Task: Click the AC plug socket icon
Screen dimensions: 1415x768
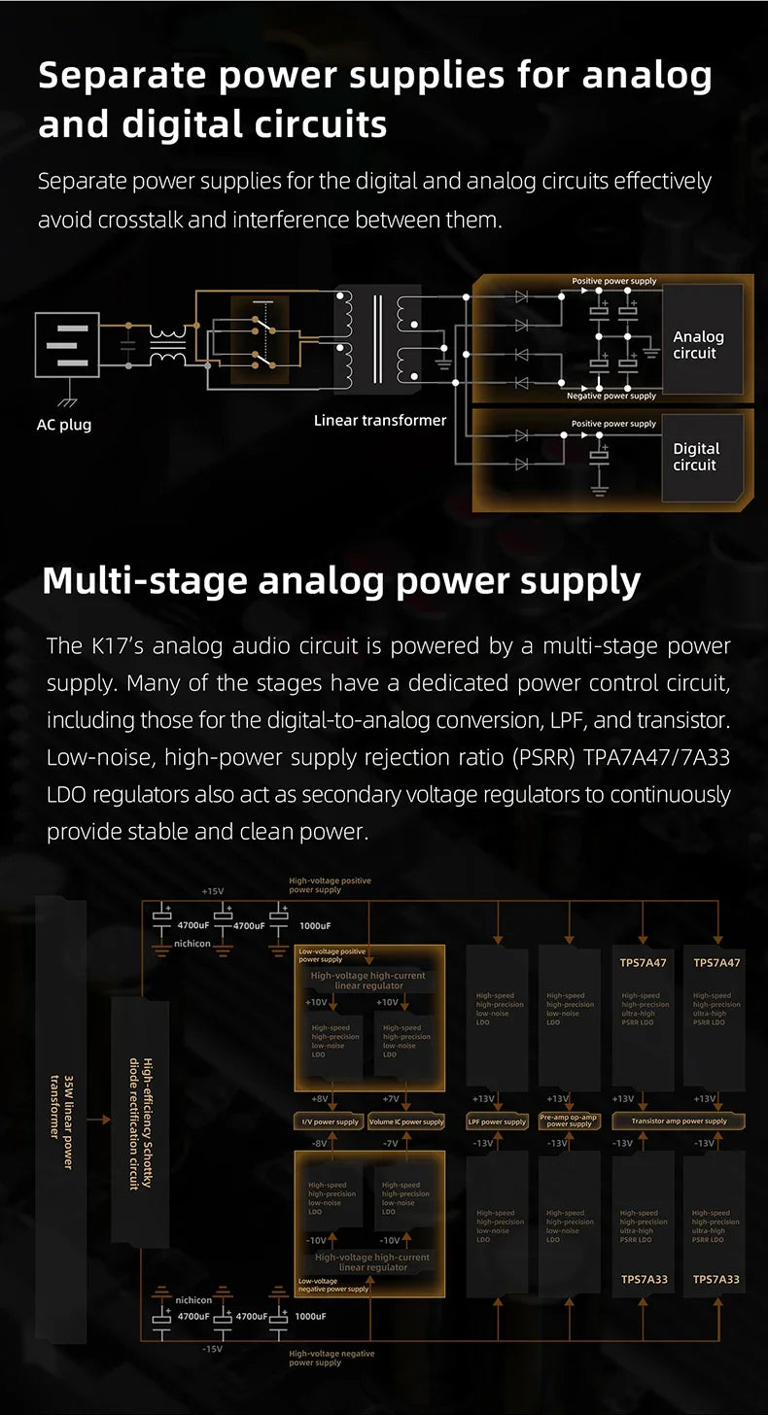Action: (x=67, y=345)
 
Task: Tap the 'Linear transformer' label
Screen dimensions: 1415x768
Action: (x=380, y=420)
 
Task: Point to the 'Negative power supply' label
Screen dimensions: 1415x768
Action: (x=611, y=397)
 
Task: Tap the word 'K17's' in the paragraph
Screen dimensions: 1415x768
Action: (x=116, y=645)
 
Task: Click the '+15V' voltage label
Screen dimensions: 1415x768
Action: (x=212, y=891)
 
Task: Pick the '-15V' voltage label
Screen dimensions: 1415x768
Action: (x=212, y=1349)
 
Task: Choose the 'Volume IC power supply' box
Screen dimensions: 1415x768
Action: (x=406, y=1122)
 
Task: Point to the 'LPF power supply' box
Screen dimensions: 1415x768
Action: (x=497, y=1122)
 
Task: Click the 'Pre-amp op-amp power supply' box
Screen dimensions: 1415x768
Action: (x=570, y=1121)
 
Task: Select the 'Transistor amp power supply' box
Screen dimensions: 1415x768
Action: (x=679, y=1122)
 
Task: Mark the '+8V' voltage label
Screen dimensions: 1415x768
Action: (x=320, y=1098)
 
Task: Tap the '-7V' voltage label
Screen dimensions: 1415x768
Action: (x=389, y=1144)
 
